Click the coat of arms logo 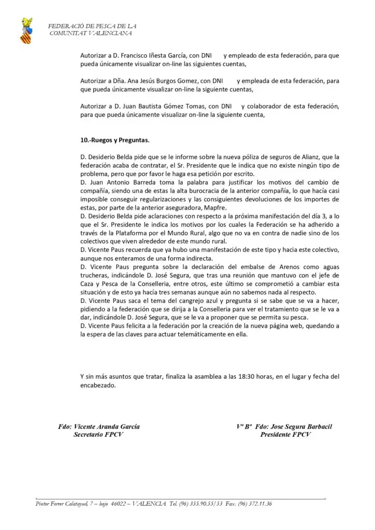[25, 31]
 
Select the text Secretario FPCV [98, 435]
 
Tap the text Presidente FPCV [285, 435]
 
